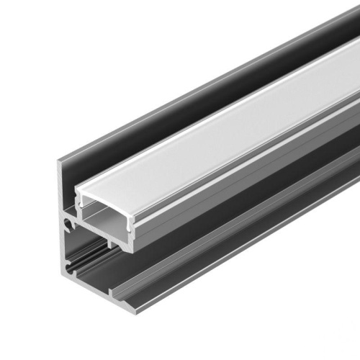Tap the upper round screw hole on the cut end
(x=67, y=225)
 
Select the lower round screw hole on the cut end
(x=68, y=272)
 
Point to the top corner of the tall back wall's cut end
(x=59, y=163)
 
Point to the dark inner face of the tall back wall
(x=180, y=108)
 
